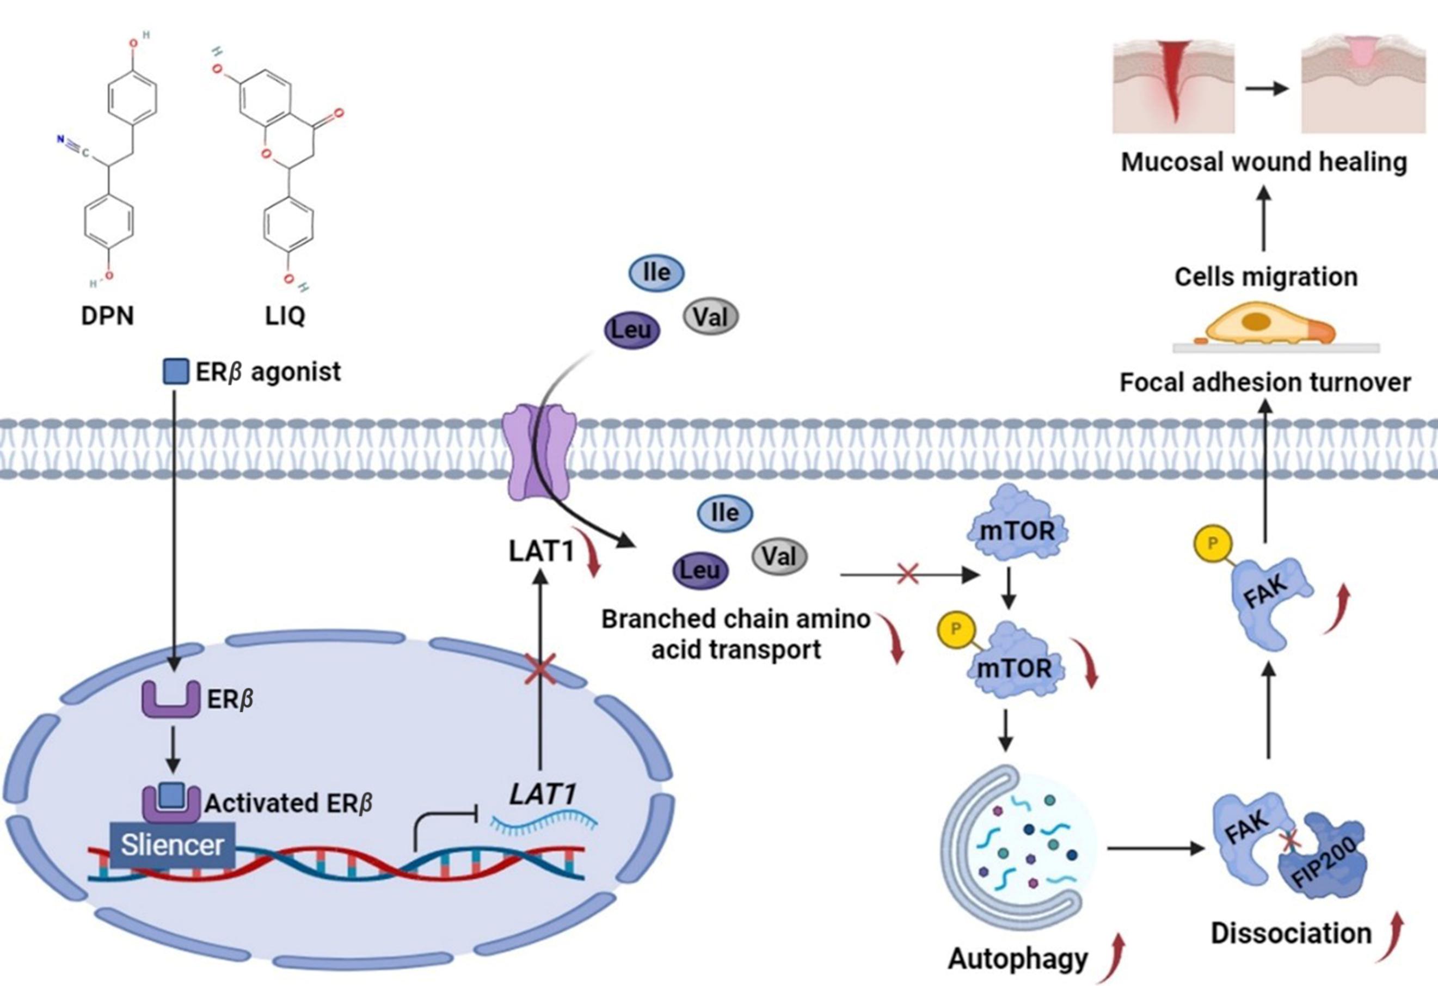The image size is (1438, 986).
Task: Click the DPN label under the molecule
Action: pos(107,316)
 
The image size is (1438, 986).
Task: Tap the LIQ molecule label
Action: pos(285,316)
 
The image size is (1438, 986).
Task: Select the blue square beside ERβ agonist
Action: pos(175,371)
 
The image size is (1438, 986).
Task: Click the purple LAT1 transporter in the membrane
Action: pos(539,451)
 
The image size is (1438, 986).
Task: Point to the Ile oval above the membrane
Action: pos(656,273)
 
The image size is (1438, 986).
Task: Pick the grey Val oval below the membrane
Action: pos(779,556)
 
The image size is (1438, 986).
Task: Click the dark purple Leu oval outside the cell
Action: pos(631,329)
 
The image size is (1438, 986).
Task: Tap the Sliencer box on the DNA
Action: pos(172,845)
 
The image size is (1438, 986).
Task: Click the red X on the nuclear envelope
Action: pos(539,671)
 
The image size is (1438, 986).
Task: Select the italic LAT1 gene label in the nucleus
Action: pos(543,795)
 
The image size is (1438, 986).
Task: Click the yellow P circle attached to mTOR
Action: pos(955,629)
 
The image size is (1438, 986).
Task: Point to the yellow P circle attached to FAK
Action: pos(1212,543)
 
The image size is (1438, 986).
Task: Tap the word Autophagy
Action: pos(1018,959)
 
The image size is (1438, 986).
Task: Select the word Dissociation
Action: pos(1290,933)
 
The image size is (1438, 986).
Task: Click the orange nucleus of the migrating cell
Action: pos(1256,321)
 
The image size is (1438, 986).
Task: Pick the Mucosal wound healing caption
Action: pos(1264,162)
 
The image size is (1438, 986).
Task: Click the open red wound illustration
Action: pos(1173,87)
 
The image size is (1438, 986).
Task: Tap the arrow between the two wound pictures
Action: pos(1267,89)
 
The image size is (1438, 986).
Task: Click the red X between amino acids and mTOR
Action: pos(907,574)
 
